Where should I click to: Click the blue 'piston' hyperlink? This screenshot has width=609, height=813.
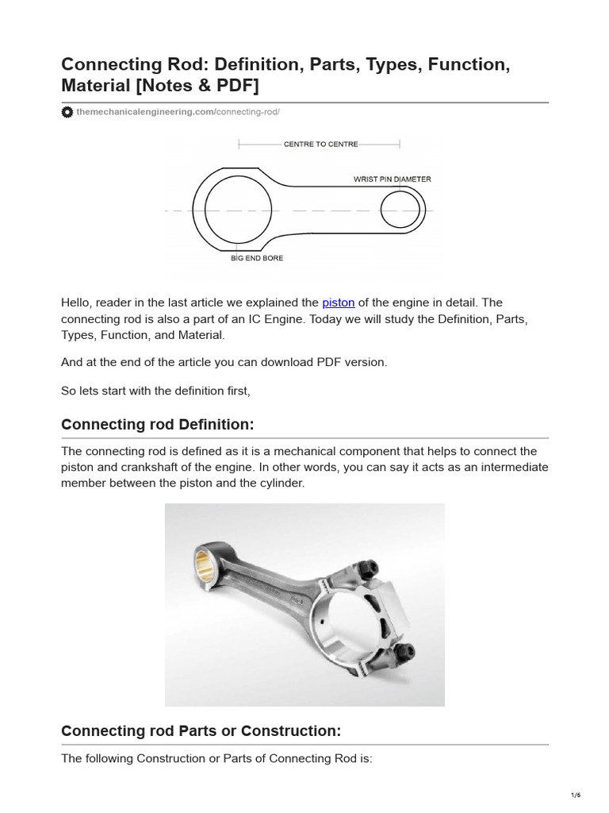point(338,302)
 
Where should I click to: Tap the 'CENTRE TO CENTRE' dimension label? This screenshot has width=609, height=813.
point(320,144)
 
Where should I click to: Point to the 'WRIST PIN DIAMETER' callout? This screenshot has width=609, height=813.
point(392,179)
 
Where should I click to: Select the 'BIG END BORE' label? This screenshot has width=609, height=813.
point(257,259)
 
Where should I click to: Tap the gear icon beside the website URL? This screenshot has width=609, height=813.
point(67,113)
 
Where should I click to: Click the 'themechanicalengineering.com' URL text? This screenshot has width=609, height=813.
point(145,113)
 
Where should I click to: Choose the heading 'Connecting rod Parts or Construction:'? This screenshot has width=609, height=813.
point(201,730)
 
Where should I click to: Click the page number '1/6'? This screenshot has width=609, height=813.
point(576,795)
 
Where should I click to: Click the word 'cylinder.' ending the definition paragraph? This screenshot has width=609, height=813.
point(278,484)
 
